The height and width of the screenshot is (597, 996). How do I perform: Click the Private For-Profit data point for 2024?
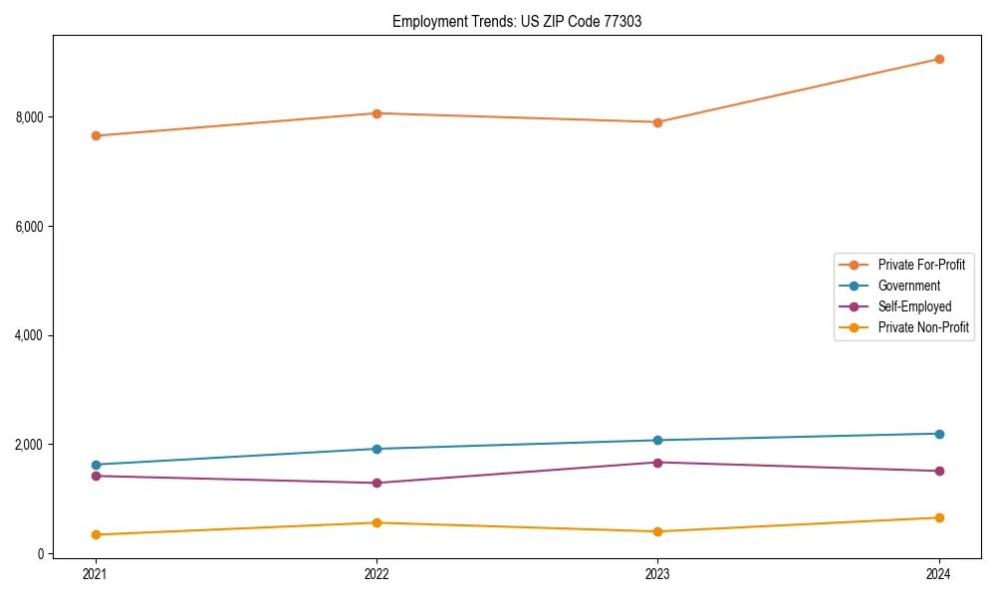point(939,59)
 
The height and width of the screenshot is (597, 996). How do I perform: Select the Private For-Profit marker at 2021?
point(96,135)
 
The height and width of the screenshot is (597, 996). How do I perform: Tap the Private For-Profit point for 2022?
point(376,113)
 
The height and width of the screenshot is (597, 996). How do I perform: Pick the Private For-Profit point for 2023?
point(657,122)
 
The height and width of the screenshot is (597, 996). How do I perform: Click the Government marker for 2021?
point(96,465)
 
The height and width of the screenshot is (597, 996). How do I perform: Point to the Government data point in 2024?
point(939,434)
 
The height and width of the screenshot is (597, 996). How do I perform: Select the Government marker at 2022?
point(376,449)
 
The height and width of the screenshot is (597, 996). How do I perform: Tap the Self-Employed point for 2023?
point(657,463)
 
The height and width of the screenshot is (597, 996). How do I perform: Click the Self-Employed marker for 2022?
point(376,484)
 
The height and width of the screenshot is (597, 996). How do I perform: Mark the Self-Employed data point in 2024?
point(939,471)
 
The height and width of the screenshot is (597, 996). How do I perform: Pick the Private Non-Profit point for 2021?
point(96,535)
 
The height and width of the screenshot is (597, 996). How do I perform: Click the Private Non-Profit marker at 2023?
point(657,531)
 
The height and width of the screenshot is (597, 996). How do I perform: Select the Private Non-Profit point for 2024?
point(939,517)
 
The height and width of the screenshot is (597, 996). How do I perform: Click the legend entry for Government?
point(908,286)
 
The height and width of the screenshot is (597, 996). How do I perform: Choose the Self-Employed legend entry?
point(914,306)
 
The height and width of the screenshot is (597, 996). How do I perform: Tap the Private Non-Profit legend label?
point(923,327)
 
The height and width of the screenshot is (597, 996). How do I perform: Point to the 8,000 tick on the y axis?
point(30,117)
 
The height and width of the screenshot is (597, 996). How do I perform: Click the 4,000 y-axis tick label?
point(30,335)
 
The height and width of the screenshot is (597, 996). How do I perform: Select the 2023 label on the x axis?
point(657,574)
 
